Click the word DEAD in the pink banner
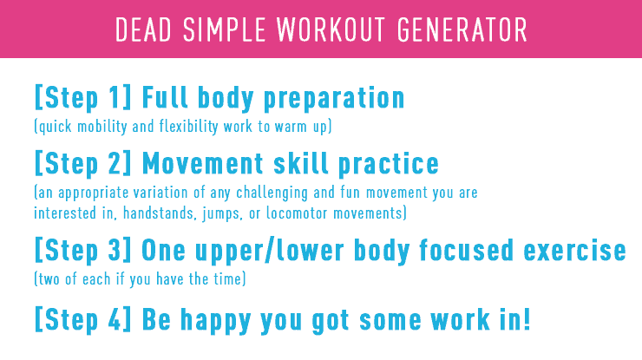(x=143, y=29)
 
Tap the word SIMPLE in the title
(x=224, y=29)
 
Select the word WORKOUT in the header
(x=331, y=29)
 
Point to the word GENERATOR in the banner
(x=462, y=29)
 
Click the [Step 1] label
(x=83, y=98)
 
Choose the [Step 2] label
(x=83, y=164)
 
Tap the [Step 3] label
(x=83, y=250)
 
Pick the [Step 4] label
(x=83, y=319)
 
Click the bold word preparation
(x=334, y=99)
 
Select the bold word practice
(x=389, y=165)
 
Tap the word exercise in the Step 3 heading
(x=575, y=250)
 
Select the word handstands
(x=159, y=213)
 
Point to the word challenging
(x=272, y=193)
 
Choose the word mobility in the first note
(x=102, y=127)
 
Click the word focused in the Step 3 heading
(x=466, y=250)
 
